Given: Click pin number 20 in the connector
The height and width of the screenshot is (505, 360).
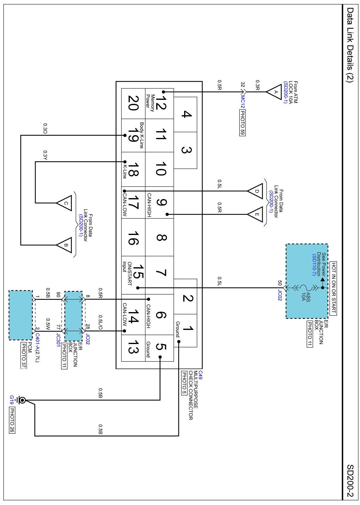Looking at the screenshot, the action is point(133,103).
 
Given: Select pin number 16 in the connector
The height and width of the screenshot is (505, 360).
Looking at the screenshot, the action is point(133,238).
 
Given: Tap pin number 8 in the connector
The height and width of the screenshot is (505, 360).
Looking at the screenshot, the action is point(161,238).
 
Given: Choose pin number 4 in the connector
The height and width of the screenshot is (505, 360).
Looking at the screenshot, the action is point(187,114).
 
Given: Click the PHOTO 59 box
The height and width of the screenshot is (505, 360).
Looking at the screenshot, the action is point(242,123).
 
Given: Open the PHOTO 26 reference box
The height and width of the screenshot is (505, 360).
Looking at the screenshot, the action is point(12,421).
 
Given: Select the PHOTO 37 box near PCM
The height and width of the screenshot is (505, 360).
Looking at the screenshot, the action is point(23,355).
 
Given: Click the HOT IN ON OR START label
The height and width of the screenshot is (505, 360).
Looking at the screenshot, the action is point(333,288).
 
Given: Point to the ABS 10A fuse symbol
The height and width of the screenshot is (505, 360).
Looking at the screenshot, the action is point(308,288).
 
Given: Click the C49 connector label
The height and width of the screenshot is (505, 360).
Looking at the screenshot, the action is point(200,375).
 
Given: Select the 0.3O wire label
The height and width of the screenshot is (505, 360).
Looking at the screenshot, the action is point(45,128).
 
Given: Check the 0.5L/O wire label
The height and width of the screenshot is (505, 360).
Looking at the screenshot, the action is point(100,322).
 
